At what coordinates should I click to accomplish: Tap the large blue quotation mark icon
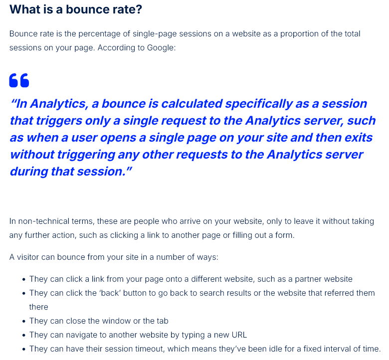point(19,80)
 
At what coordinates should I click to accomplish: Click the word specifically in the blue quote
point(259,104)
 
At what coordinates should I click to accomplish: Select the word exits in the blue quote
point(359,138)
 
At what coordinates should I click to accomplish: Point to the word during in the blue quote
point(29,172)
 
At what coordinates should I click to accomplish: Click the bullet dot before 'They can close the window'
point(24,321)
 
